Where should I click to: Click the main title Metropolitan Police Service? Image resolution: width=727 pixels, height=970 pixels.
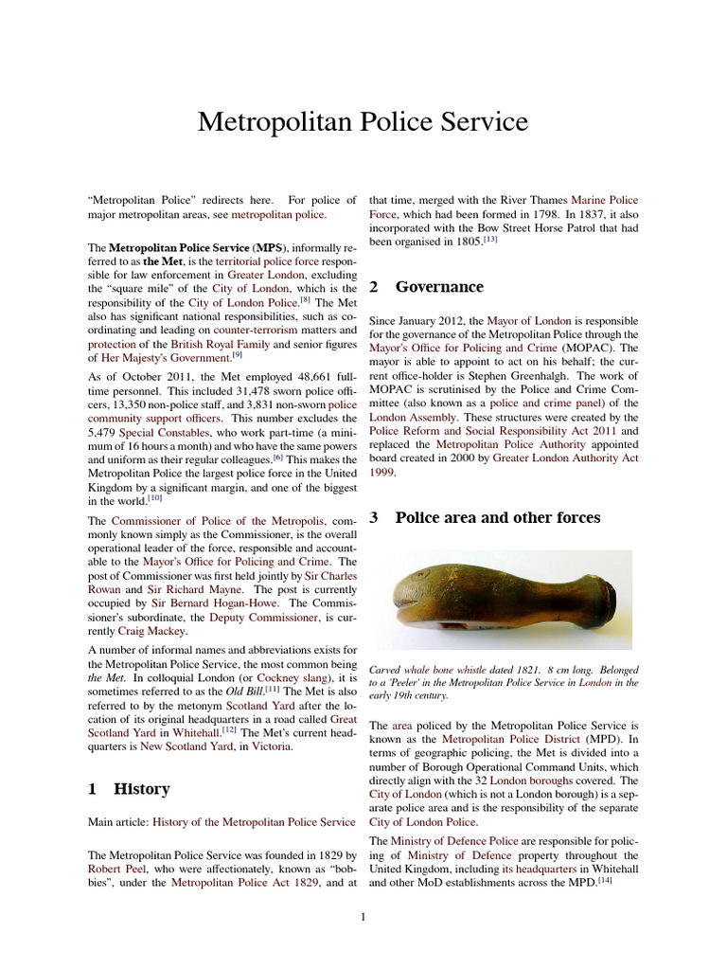coord(363,122)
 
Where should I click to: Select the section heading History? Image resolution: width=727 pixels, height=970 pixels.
coord(142,788)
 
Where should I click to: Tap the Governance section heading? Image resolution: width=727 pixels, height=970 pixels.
coord(439,286)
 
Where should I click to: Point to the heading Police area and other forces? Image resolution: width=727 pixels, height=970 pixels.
coord(497,517)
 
